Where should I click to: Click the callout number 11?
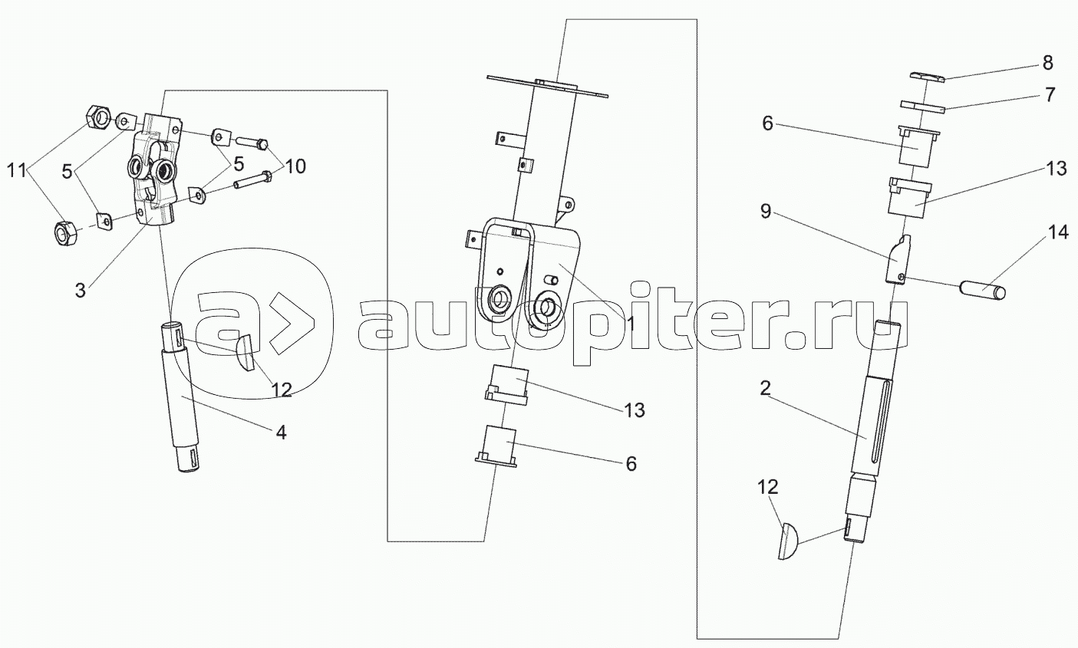tap(20, 170)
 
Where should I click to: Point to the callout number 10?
tap(295, 166)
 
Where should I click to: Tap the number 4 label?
tap(281, 433)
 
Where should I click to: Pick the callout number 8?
tap(1048, 63)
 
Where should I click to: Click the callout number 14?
tap(1058, 233)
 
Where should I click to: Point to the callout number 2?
tap(765, 388)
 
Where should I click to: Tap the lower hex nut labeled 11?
tap(68, 232)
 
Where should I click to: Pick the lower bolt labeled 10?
tap(251, 183)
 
